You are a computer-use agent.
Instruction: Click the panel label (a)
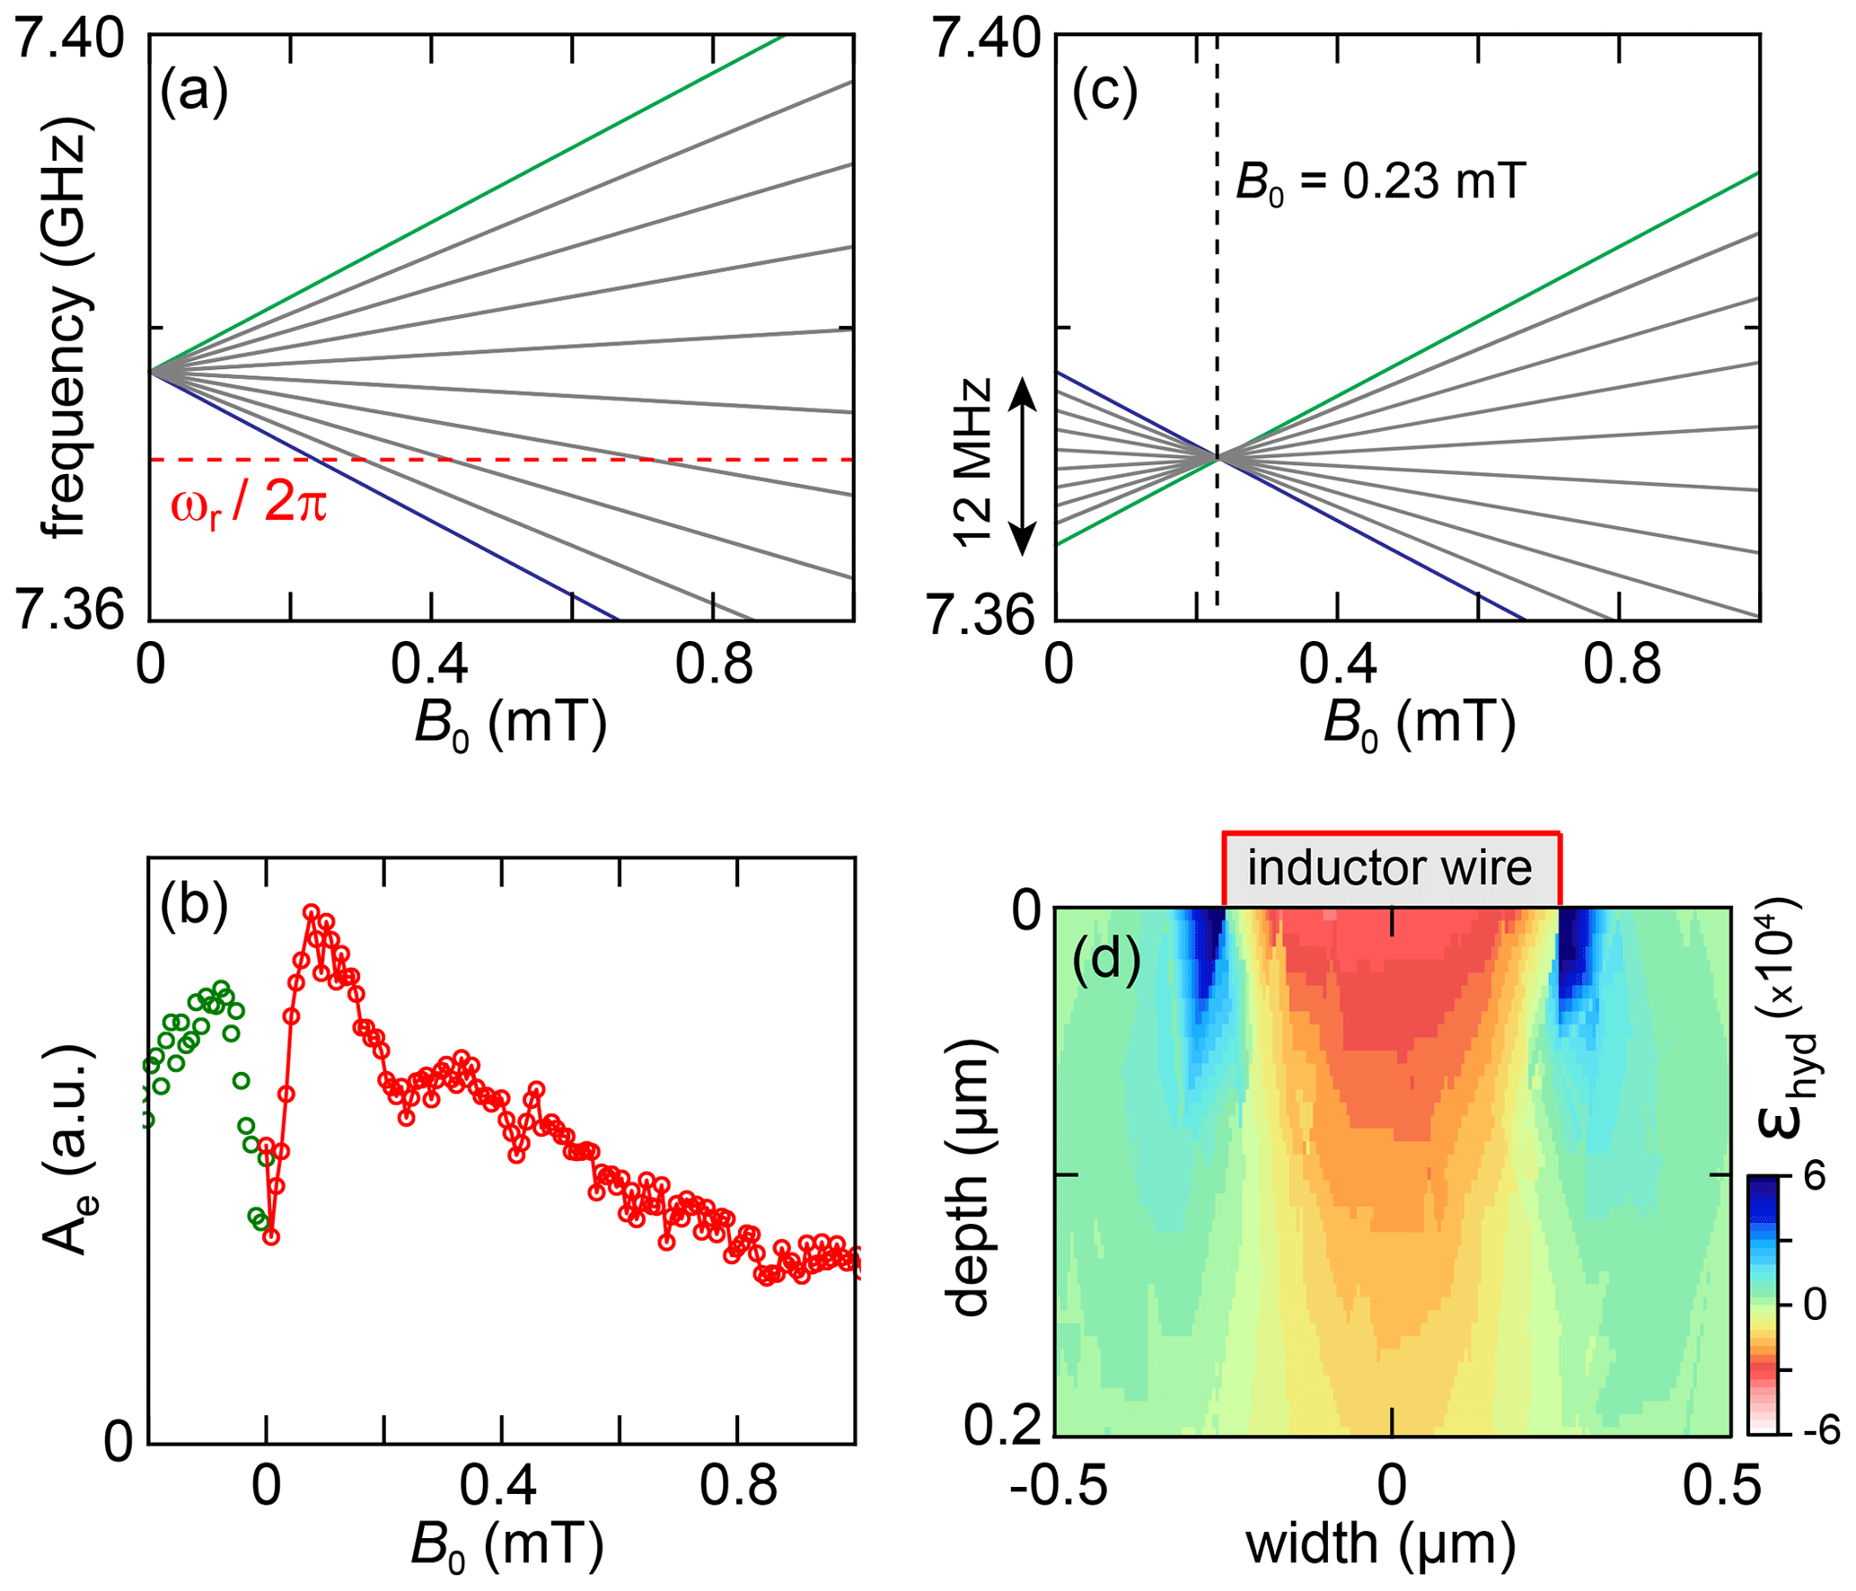coord(194,91)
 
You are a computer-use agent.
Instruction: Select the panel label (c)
coord(1104,91)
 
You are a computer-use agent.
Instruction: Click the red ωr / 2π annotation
coord(249,505)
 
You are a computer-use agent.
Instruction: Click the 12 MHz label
coord(973,463)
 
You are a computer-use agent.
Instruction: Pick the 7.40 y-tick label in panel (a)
coord(69,40)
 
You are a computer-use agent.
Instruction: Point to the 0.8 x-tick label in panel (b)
coord(738,1486)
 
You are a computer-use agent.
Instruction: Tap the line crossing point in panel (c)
coord(1218,458)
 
